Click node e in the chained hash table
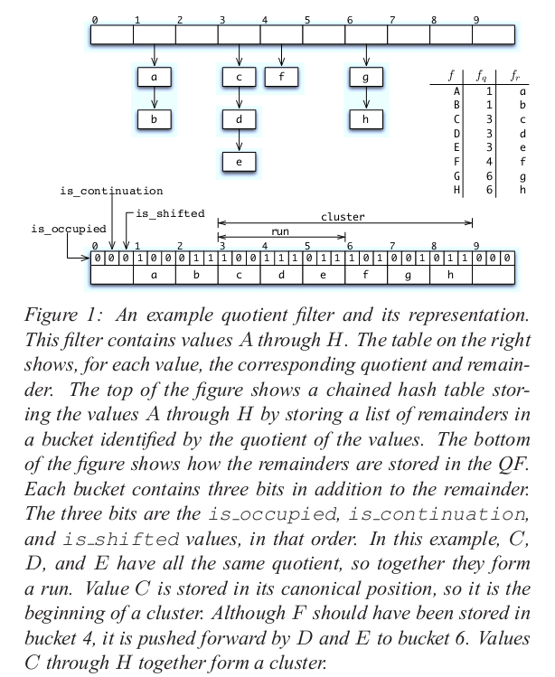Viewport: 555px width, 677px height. tap(239, 163)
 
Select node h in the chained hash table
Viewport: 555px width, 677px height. tap(365, 119)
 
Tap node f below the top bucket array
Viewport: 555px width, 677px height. tap(281, 77)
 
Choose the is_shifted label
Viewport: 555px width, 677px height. tap(170, 214)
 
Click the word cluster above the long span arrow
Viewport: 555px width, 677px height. tap(342, 217)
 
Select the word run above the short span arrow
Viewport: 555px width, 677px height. tap(281, 231)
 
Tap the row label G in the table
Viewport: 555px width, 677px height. tap(457, 178)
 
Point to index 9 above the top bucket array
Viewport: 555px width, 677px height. tap(475, 19)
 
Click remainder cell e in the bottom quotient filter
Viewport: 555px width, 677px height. tap(324, 274)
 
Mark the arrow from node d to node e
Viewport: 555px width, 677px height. tap(239, 140)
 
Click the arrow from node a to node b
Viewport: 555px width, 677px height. tap(155, 99)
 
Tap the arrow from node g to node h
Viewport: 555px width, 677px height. tap(365, 99)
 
